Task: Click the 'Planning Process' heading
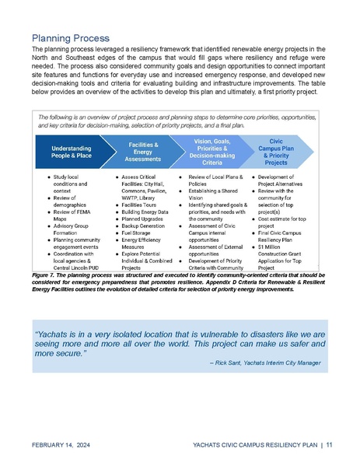point(70,37)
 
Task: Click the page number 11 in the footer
point(330,444)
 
